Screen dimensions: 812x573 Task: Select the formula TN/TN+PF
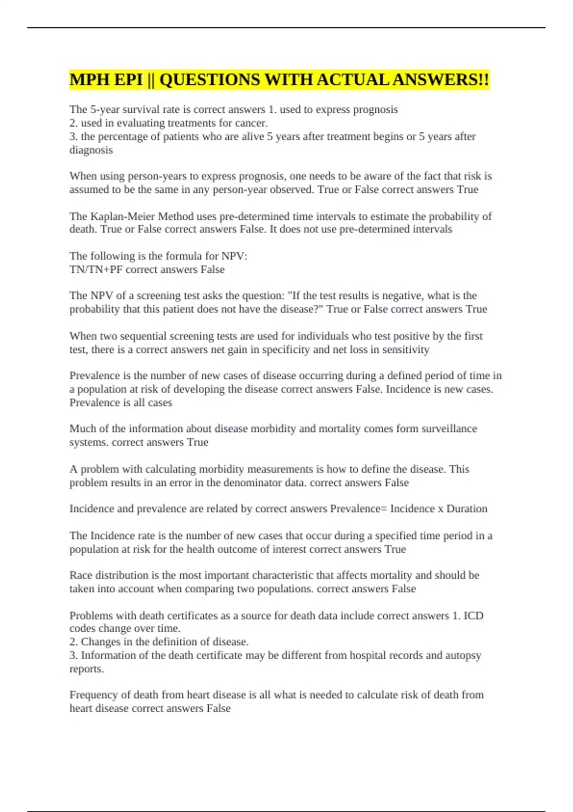(96, 269)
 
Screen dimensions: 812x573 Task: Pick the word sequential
(142, 336)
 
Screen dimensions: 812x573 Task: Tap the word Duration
(467, 509)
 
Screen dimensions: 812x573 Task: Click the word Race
(81, 575)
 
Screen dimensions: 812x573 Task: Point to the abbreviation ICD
(474, 616)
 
